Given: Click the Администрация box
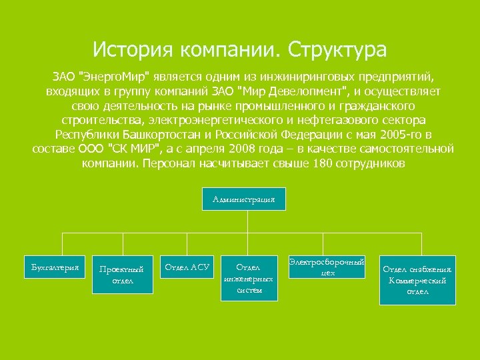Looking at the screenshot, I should click(x=248, y=199).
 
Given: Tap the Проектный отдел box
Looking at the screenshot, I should click(x=121, y=275).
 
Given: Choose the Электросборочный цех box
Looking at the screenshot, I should click(x=327, y=266).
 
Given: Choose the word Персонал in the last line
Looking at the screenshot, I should click(x=167, y=163).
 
